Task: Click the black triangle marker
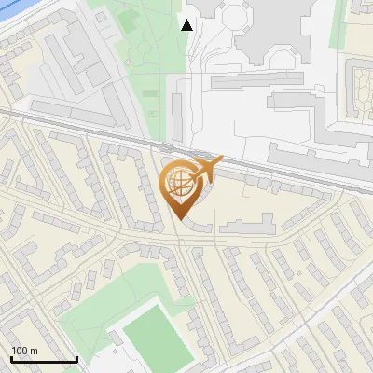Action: pyautogui.click(x=187, y=25)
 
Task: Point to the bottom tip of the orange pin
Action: pyautogui.click(x=179, y=220)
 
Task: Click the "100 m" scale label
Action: pyautogui.click(x=24, y=352)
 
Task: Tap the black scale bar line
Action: pyautogui.click(x=44, y=360)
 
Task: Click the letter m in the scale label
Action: pyautogui.click(x=34, y=352)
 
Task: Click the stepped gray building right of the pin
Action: pyautogui.click(x=244, y=223)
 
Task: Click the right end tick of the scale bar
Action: pyautogui.click(x=76, y=358)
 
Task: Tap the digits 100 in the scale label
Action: pyautogui.click(x=20, y=352)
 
